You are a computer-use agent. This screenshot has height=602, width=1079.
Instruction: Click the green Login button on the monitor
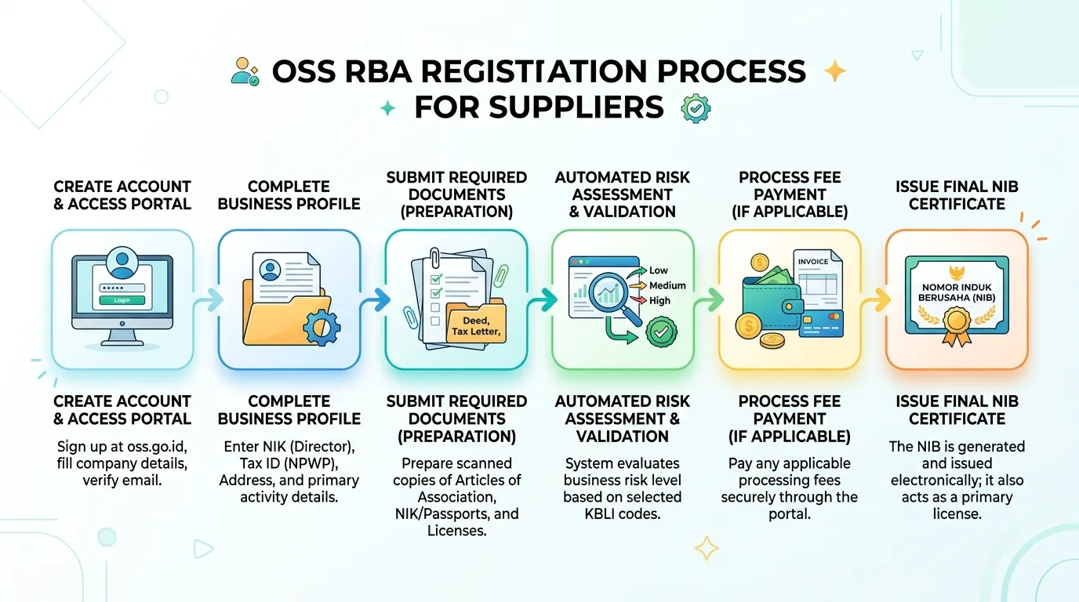(122, 300)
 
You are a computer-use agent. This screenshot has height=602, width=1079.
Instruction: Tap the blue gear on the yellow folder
(322, 328)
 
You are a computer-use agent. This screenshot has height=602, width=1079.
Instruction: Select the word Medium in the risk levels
(667, 285)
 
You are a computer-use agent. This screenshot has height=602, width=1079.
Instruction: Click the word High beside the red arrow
(659, 300)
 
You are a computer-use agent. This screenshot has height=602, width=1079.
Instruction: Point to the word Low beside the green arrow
(659, 270)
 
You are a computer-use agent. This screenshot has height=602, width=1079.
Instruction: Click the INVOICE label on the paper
(813, 262)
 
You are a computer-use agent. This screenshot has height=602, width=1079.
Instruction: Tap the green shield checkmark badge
(661, 332)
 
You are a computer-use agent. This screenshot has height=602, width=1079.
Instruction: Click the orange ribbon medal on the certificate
(957, 327)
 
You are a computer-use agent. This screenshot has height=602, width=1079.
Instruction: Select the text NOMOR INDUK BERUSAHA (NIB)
(957, 292)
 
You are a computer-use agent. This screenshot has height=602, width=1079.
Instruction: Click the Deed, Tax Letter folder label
(476, 326)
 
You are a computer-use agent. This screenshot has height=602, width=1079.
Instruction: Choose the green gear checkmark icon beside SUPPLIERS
(696, 108)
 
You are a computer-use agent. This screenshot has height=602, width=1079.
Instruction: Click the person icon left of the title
(245, 72)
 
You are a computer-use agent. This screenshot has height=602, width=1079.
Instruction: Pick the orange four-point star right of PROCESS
(835, 71)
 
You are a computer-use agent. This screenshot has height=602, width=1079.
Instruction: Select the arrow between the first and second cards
(209, 299)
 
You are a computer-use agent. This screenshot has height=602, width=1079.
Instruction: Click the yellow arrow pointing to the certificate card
(875, 299)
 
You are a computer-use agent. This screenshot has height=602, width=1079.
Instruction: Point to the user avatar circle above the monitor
(122, 263)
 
